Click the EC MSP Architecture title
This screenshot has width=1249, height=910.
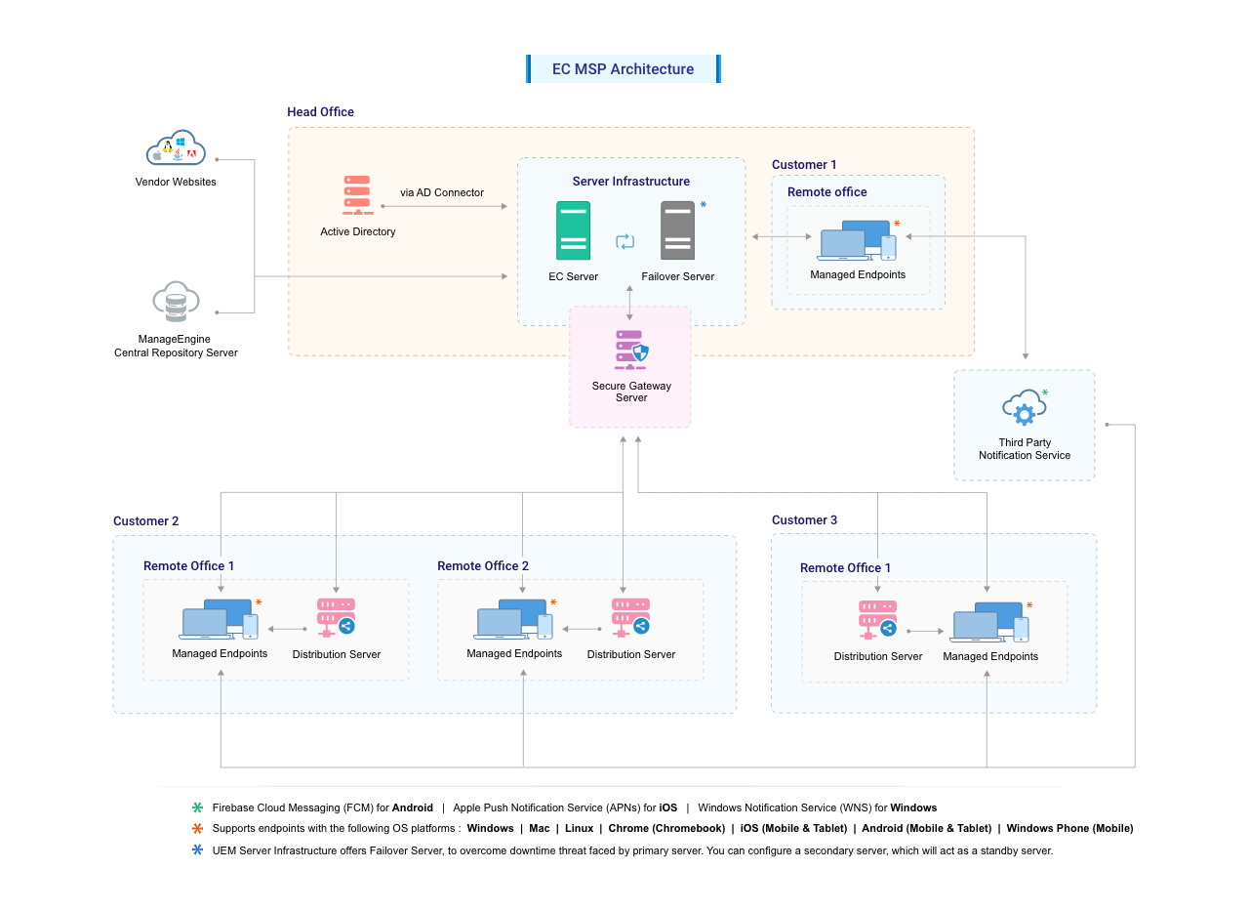coord(623,69)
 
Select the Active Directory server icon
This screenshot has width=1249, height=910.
coord(357,195)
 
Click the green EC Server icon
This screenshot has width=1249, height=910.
coord(573,230)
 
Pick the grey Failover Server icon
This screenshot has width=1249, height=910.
coord(677,230)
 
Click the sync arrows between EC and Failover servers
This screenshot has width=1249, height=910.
coord(625,241)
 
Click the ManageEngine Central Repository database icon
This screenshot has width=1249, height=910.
coord(176,303)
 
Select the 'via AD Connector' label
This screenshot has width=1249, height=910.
coord(442,193)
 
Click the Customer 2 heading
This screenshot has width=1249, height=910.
coord(146,521)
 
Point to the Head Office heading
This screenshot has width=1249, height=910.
coord(320,112)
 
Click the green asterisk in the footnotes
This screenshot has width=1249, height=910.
coord(197,807)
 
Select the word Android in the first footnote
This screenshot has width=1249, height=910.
coord(413,807)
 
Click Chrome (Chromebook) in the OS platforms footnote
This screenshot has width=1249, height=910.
coord(666,828)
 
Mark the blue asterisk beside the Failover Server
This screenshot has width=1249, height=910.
coord(703,205)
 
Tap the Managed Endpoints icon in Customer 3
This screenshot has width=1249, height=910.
coord(990,623)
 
